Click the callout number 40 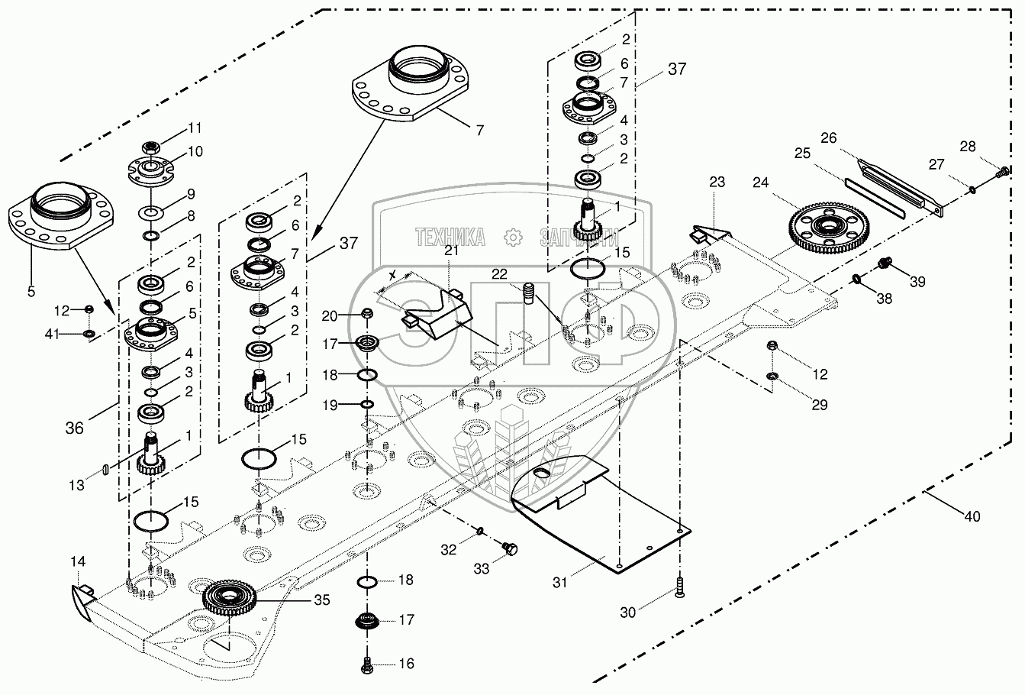(972, 517)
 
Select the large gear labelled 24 (826, 227)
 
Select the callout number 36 (75, 429)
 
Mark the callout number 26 (828, 137)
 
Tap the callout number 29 (820, 406)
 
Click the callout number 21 (450, 251)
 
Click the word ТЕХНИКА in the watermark (451, 238)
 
